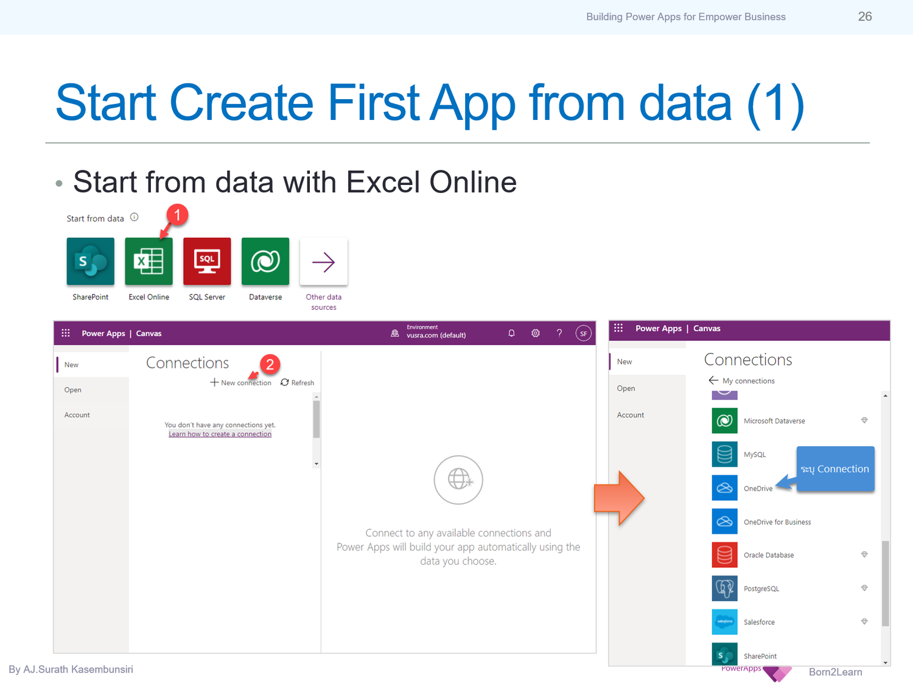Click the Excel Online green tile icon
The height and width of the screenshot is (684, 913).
[149, 262]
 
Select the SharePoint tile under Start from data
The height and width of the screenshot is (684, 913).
[91, 262]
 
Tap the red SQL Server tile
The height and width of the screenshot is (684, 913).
[207, 262]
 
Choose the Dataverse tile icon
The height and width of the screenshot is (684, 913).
[265, 262]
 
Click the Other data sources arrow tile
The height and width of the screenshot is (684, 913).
[324, 262]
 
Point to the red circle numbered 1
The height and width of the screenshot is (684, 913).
[177, 215]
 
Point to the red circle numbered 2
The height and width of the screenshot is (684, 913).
[270, 364]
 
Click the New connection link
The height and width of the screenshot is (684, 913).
[241, 383]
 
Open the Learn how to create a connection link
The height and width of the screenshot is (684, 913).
[220, 434]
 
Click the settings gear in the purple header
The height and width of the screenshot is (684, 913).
[536, 333]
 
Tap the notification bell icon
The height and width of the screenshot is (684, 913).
[511, 333]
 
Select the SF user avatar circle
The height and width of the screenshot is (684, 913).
[583, 333]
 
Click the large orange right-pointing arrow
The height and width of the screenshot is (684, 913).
[619, 498]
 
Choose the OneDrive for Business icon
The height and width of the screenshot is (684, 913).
[724, 522]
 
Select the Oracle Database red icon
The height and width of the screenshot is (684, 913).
[724, 555]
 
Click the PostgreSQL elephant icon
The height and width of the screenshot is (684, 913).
[724, 588]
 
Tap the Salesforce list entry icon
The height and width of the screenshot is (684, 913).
[724, 622]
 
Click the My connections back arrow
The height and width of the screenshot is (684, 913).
[713, 380]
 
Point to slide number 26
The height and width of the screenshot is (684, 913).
[865, 16]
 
